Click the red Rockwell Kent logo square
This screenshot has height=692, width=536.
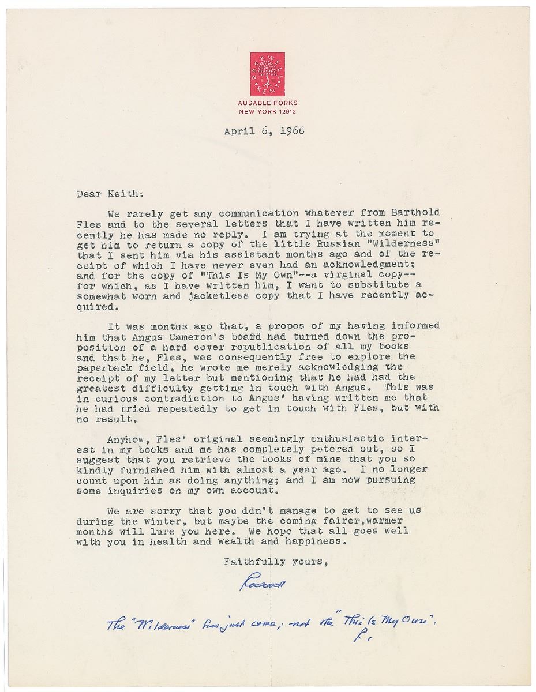point(268,74)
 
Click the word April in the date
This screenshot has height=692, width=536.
point(238,131)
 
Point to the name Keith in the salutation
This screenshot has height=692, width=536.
point(118,194)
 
